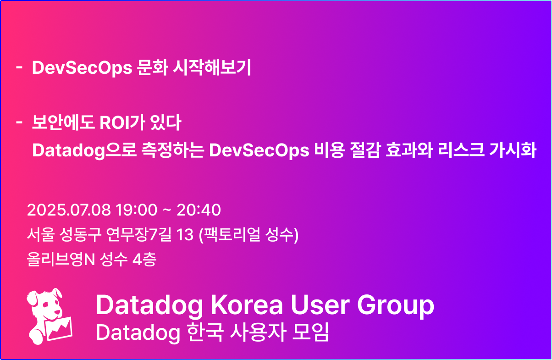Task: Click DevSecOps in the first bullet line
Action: point(82,68)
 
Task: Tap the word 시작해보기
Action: point(212,67)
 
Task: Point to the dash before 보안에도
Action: point(19,122)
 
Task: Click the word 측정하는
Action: point(172,150)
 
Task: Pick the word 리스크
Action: point(461,150)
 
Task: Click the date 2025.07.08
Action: point(69,210)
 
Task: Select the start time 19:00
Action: point(136,210)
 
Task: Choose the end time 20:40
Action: point(199,210)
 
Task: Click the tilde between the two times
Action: point(167,210)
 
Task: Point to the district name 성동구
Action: point(80,234)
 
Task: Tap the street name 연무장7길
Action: point(139,234)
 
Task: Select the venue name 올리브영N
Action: point(61,260)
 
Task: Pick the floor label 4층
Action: point(144,260)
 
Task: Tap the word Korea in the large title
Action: point(247,305)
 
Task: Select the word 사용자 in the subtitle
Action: point(258,332)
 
